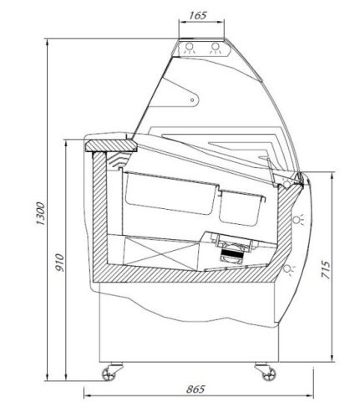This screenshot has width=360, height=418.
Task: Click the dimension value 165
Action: coord(198,15)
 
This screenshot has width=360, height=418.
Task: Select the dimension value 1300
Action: coord(41,214)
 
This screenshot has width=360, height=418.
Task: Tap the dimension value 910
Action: coord(59,263)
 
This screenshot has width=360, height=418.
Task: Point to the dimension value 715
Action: coord(326,270)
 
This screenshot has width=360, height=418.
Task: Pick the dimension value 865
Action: coord(195,389)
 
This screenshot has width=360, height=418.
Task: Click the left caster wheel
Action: coord(109,374)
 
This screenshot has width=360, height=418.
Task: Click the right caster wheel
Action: coord(269,374)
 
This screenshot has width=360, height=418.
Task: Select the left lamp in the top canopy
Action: coord(190,48)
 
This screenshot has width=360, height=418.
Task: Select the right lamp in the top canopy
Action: coord(215,48)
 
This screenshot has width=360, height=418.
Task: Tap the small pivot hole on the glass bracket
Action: coord(192,99)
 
